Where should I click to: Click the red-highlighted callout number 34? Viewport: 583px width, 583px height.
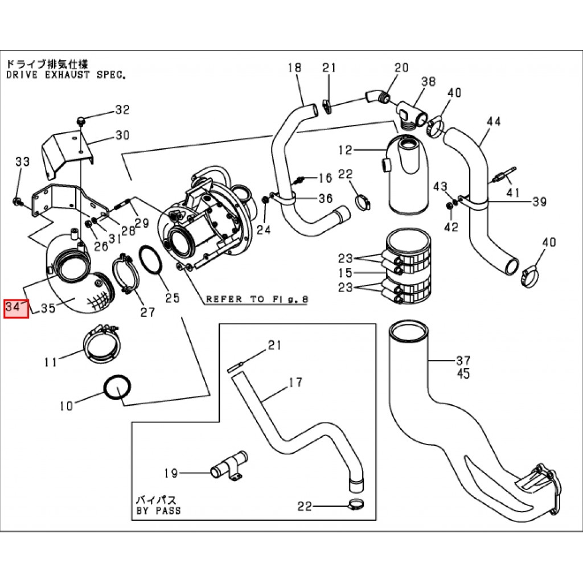pos(16,308)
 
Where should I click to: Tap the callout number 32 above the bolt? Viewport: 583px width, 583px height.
pos(123,110)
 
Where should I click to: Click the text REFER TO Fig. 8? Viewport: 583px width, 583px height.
pos(256,298)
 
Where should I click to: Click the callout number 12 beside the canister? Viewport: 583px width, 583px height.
pos(346,150)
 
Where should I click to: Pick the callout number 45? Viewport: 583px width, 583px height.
pos(463,374)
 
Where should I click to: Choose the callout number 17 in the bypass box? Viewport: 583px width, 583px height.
pos(295,382)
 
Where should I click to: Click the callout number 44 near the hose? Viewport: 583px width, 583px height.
pos(494,121)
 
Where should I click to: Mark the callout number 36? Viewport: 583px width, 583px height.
pos(325,198)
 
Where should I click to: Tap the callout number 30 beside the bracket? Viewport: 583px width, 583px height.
pos(122,136)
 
